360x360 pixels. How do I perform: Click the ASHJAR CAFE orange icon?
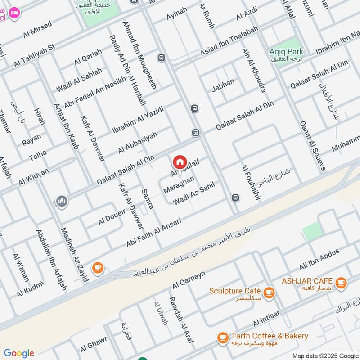pyautogui.click(x=341, y=282)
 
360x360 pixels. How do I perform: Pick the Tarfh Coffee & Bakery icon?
pyautogui.click(x=222, y=337)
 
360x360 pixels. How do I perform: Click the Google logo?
pyautogui.click(x=18, y=353)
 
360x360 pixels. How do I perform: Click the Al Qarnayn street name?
pyautogui.click(x=189, y=280)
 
